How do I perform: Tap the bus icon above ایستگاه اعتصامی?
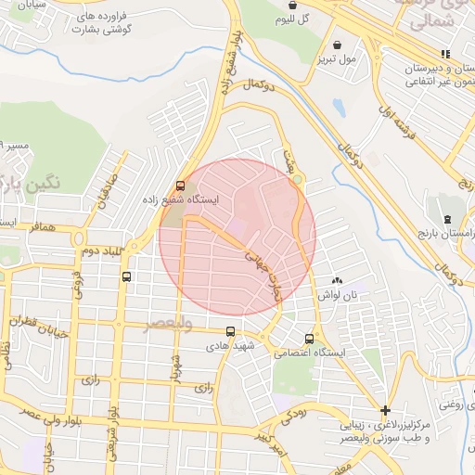[x=309, y=339]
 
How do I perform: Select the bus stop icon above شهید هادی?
[x=230, y=331]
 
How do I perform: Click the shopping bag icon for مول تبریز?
[x=335, y=44]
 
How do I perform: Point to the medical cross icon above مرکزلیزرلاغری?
[x=385, y=410]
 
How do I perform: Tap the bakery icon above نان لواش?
[x=337, y=279]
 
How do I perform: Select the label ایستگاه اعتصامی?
[x=310, y=353]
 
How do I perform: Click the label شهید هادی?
[x=230, y=345]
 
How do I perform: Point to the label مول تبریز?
[x=339, y=58]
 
